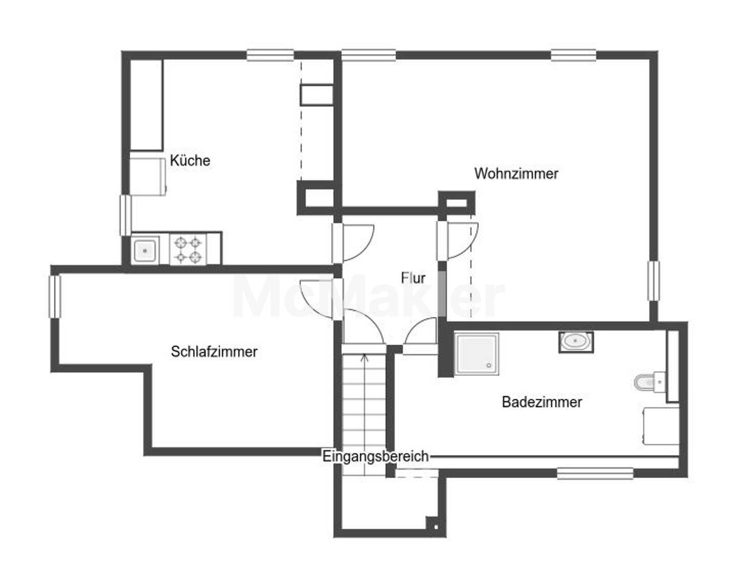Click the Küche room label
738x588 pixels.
pos(190,160)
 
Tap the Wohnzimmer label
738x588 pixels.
pos(516,174)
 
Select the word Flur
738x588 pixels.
pos(413,278)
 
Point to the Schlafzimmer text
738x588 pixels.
pos(214,351)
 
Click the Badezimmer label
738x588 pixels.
pos(542,402)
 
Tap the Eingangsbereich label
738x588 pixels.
pos(376,456)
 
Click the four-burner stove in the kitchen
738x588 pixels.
pos(188,250)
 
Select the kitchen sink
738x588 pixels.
pos(145,251)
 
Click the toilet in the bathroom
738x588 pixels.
pos(650,382)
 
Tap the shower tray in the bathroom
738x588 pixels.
pos(477,354)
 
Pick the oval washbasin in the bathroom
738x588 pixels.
pos(576,341)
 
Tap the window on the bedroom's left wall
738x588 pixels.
pos(55,296)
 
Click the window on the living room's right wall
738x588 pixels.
pos(653,281)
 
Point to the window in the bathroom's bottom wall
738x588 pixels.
pos(595,473)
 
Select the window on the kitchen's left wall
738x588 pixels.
pos(125,215)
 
